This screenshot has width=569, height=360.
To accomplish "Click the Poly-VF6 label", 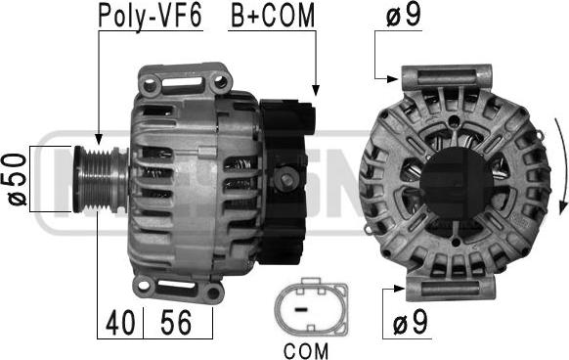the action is pyautogui.click(x=151, y=16).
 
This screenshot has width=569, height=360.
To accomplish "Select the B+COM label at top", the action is pyautogui.click(x=273, y=16).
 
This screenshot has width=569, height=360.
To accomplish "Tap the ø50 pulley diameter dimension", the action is pyautogui.click(x=18, y=179).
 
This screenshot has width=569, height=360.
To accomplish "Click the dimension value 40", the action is pyautogui.click(x=120, y=323).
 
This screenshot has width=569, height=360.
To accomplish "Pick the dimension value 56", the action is pyautogui.click(x=176, y=322).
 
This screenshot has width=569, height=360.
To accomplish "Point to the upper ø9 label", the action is pyautogui.click(x=404, y=16).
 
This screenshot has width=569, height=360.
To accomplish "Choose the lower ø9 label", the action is pyautogui.click(x=411, y=322).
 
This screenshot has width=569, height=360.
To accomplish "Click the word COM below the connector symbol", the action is pyautogui.click(x=306, y=351).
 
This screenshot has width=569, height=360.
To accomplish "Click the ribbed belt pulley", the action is pyautogui.click(x=101, y=179).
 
